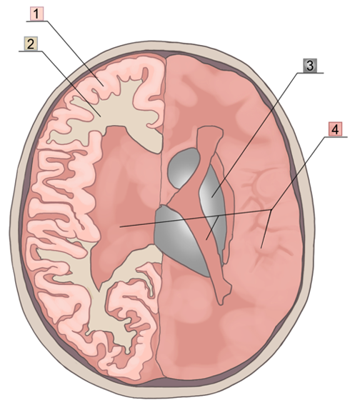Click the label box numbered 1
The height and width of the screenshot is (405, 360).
pos(36,14)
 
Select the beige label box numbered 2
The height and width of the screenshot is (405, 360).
pos(31,44)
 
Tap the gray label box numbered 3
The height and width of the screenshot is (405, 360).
pos(309,66)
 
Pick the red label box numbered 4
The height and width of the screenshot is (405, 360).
pos(335,129)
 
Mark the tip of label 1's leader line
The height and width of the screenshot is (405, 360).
pos(104,86)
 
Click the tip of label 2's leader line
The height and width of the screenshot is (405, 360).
pos(101,116)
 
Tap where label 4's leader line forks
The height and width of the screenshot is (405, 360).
pos(271,210)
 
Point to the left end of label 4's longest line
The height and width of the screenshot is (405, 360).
pos(120,227)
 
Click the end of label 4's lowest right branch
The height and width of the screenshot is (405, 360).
pos(261,249)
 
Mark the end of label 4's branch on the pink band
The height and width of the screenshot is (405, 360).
pos(206,240)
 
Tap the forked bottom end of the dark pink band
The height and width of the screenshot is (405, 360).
pos(224,292)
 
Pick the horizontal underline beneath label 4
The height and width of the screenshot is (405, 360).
pos(335,137)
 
